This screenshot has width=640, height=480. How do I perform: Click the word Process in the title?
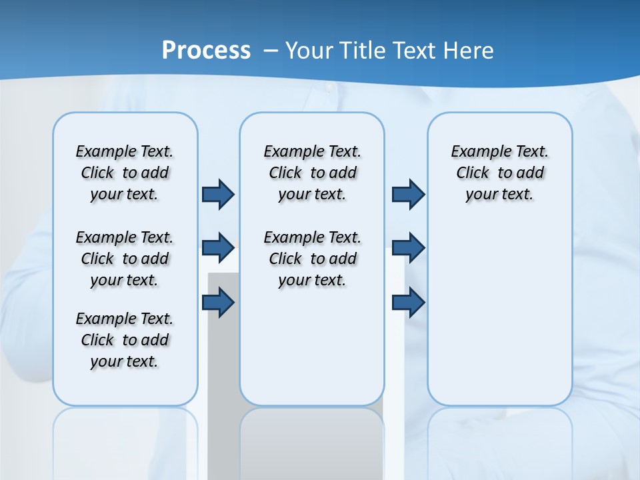pos(206,50)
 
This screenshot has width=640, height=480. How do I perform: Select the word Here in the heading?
pos(469,50)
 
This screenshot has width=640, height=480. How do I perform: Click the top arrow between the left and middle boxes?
pos(218,194)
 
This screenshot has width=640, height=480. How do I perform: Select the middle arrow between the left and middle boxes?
pos(218,248)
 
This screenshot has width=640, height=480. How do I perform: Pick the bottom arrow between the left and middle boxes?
pos(218,303)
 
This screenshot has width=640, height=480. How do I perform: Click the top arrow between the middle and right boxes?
pos(408,194)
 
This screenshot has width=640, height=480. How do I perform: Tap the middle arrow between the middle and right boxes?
pos(408,248)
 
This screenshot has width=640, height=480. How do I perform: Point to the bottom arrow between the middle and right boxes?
pos(408,303)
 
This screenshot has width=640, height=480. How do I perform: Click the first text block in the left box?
pos(125,173)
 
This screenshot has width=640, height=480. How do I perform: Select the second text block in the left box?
pos(125,259)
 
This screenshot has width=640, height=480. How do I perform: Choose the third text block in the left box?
pos(125,340)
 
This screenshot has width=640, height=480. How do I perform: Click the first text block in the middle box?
pos(312,173)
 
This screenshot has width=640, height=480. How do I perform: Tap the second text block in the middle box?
pos(312,259)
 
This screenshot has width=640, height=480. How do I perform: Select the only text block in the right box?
pos(499,173)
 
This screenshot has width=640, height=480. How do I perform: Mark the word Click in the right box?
pos(473,173)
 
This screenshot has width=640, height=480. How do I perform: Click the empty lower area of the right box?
pos(499,320)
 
